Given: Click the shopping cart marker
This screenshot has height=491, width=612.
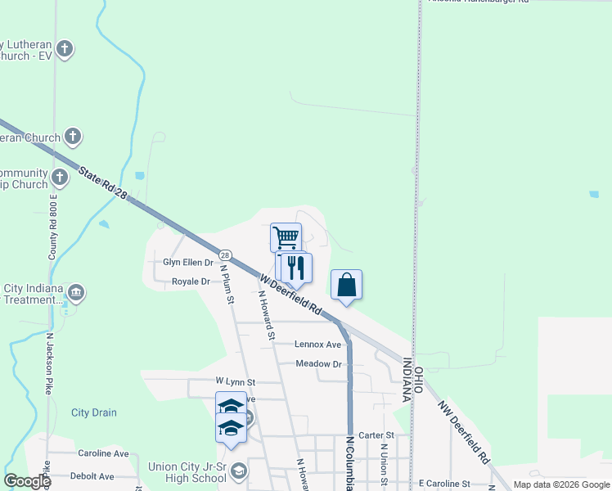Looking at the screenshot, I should click(x=286, y=237).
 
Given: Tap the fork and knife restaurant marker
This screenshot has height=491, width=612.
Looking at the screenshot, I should click(x=296, y=267).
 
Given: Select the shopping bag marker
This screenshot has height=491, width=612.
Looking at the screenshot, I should click(x=346, y=285).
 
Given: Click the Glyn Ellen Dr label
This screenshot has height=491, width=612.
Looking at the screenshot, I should click(x=188, y=263).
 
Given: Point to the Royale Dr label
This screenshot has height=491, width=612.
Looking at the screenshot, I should click(x=191, y=282).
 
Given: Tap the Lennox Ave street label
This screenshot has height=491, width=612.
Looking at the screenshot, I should click(x=317, y=345).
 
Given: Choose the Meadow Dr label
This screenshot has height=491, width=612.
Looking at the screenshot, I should click(x=318, y=363).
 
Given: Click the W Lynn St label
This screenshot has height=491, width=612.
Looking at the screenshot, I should click(x=236, y=382).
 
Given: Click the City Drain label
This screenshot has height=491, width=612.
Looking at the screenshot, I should click(x=93, y=412).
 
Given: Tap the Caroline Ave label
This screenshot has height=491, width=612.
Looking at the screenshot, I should click(x=103, y=453).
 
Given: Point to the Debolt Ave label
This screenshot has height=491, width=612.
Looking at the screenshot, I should click(x=92, y=475).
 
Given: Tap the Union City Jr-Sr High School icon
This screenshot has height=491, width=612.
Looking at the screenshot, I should click(x=238, y=470).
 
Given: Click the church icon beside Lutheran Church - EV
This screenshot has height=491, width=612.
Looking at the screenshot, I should click(x=65, y=49).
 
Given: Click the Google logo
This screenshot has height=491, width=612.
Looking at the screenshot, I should click(x=27, y=481).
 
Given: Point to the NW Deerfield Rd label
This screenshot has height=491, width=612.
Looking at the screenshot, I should click(x=463, y=432).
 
